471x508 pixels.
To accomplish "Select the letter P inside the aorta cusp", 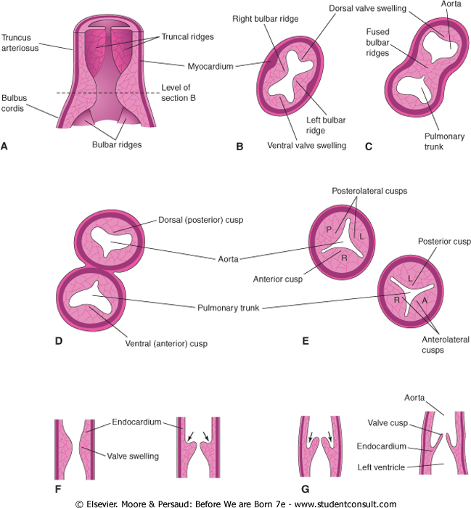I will (327, 229).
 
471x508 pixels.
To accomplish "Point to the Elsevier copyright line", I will (235, 502).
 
